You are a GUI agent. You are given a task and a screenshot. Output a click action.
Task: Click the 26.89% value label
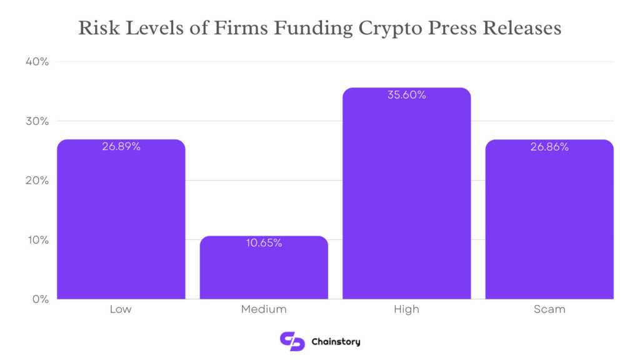(121, 147)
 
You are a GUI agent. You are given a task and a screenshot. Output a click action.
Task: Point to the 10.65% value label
(264, 243)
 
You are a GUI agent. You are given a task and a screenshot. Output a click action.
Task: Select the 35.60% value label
(407, 95)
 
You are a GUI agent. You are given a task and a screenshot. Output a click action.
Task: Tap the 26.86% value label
(550, 147)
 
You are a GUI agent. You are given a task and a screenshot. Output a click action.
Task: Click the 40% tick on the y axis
(37, 62)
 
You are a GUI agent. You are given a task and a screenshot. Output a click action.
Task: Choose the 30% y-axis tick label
(37, 121)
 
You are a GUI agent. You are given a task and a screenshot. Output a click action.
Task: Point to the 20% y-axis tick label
(37, 181)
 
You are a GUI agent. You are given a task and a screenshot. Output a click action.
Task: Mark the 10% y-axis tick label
(37, 240)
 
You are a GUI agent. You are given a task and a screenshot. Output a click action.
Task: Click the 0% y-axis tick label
(40, 299)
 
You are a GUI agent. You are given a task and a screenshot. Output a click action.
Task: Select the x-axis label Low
(121, 309)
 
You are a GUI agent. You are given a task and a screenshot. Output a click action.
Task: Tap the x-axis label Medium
(264, 309)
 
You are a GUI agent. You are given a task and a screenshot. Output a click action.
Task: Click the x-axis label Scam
(550, 309)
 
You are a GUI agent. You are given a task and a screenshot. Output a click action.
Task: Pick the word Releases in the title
(524, 29)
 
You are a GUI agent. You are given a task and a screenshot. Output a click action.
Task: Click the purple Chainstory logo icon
(292, 341)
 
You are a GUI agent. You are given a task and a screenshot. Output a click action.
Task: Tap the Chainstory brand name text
(336, 342)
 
